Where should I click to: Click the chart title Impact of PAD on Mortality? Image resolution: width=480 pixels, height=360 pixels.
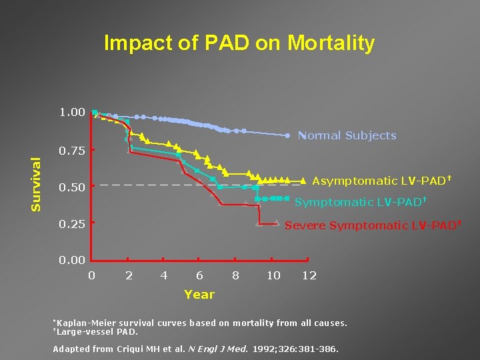pos(239,44)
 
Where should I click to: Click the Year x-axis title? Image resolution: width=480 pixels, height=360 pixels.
pos(199,294)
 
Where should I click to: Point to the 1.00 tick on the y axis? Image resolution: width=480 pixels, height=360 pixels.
pos(72,113)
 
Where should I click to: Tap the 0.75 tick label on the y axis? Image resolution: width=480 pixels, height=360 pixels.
pos(72,151)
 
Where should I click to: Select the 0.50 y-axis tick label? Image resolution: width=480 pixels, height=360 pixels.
pos(72,187)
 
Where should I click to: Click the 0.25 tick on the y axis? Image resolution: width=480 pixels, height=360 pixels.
pos(72,224)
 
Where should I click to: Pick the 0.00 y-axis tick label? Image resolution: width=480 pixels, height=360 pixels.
pos(72,261)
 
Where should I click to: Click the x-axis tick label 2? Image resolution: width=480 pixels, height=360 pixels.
pos(129,275)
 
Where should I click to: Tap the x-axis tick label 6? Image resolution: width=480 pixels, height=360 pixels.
pos(200,275)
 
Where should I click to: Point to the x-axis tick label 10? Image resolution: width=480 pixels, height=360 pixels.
pos(273,275)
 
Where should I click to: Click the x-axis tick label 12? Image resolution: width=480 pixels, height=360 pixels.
pos(309,275)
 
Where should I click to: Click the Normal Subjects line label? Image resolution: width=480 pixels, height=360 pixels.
pos(347,136)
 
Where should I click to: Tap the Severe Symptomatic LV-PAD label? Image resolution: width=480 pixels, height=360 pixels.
pos(373,225)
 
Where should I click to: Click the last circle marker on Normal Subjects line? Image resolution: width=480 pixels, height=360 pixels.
pos(287,135)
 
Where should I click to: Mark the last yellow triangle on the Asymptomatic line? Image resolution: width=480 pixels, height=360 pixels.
pos(303,180)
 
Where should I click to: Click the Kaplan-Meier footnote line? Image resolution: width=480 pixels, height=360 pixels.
pos(200,323)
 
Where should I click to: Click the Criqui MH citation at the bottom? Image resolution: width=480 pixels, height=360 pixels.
pos(196,349)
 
